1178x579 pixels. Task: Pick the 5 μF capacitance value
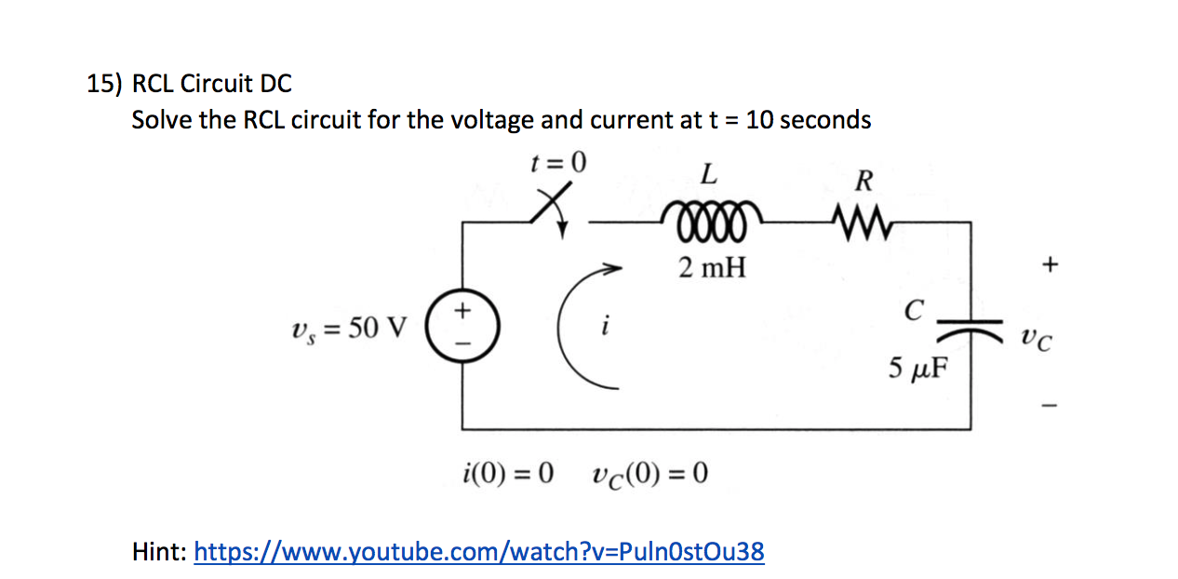(x=917, y=370)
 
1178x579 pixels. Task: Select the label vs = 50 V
(x=349, y=329)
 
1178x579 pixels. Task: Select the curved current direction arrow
(x=579, y=321)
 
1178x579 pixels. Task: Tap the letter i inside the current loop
(x=605, y=328)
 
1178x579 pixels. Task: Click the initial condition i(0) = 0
(x=508, y=475)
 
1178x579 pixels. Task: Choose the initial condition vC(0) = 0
(x=649, y=475)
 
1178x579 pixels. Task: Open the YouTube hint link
(x=478, y=552)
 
